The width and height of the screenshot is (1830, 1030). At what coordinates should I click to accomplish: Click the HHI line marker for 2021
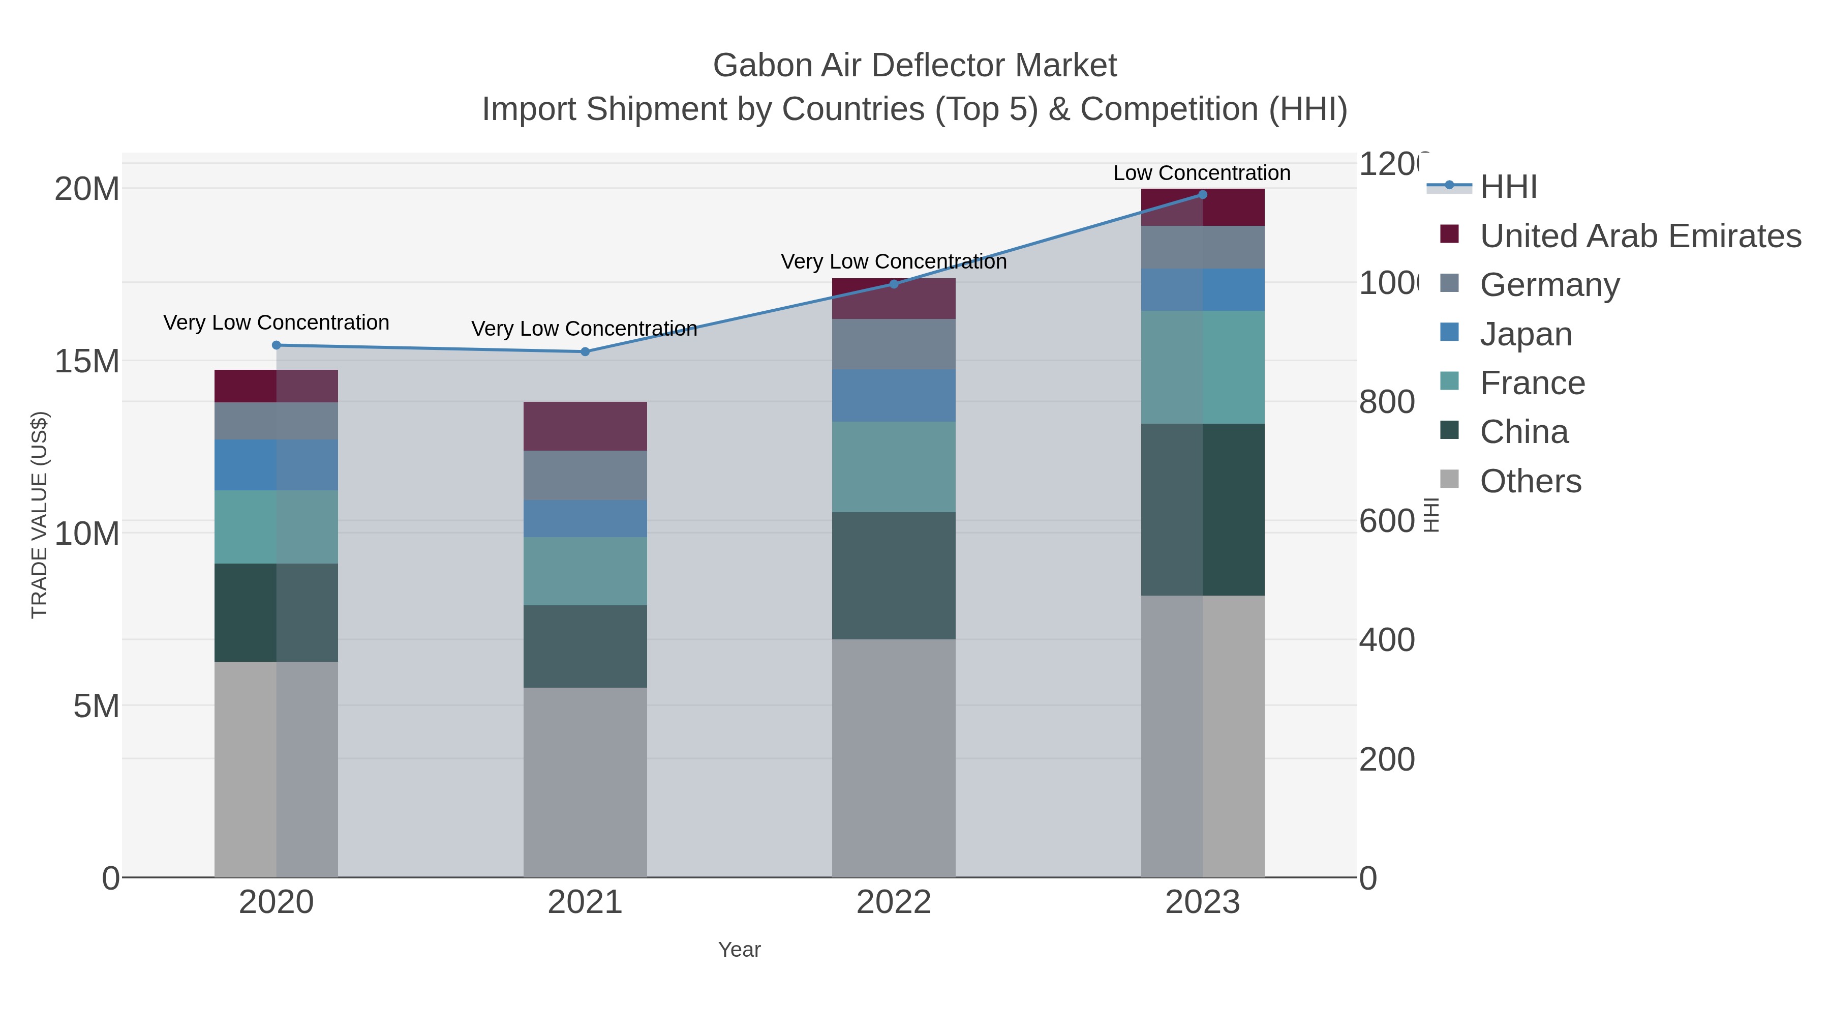click(x=585, y=351)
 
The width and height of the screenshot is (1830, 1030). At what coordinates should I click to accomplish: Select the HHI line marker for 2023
click(x=1202, y=194)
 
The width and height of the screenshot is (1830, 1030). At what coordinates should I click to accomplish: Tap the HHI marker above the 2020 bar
click(x=277, y=345)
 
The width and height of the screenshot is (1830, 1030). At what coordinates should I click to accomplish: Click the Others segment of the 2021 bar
click(x=585, y=782)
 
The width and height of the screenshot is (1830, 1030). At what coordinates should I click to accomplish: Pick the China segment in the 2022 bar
click(x=893, y=575)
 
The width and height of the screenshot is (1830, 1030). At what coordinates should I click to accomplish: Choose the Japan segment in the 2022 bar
click(x=893, y=395)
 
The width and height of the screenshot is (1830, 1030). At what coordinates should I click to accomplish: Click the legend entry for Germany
click(x=1549, y=284)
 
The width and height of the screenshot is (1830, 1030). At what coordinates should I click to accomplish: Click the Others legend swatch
click(x=1449, y=479)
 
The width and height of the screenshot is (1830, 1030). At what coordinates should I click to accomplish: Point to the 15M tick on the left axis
click(x=86, y=361)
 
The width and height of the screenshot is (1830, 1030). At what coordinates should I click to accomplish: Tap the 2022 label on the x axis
click(x=893, y=902)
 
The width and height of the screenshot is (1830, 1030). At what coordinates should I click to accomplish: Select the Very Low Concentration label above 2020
click(x=277, y=322)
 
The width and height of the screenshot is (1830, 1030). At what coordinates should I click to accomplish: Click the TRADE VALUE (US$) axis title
click(x=39, y=515)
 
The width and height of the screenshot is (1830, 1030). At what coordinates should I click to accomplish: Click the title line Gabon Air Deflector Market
click(x=914, y=66)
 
